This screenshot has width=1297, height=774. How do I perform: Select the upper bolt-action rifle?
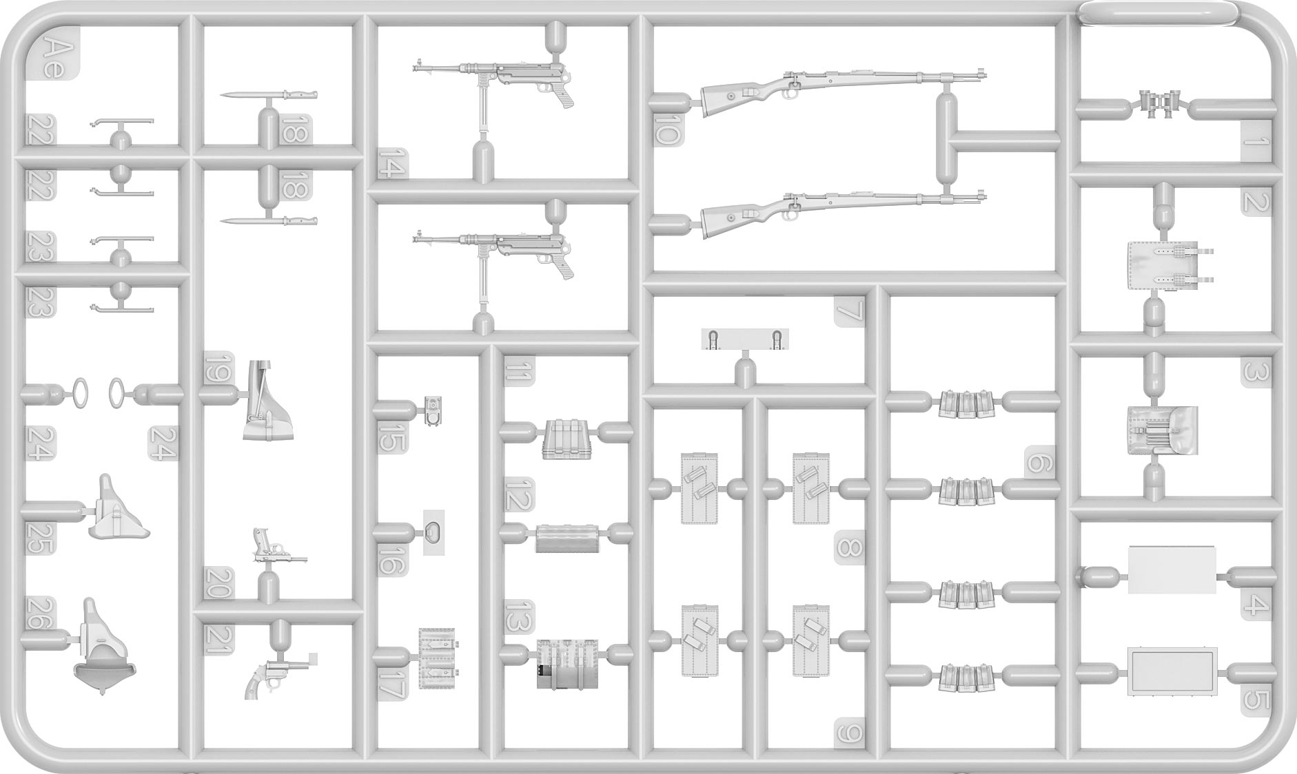(841, 87)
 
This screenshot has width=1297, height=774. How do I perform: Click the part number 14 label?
(391, 164)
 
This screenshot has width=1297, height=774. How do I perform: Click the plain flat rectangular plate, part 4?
(1172, 569)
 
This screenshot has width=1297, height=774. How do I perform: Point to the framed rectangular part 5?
(1172, 671)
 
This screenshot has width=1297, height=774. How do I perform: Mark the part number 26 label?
(39, 613)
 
